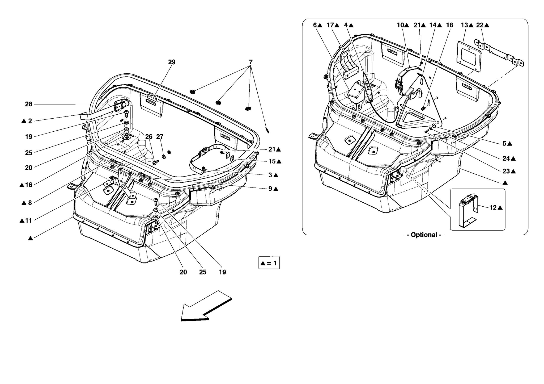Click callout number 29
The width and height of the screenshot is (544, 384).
click(172, 62)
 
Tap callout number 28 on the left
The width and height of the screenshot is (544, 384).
click(28, 104)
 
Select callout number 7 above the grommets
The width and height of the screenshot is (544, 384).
click(250, 62)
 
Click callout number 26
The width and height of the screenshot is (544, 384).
click(149, 137)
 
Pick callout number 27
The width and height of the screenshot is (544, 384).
click(160, 137)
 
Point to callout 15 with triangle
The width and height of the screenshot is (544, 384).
click(274, 161)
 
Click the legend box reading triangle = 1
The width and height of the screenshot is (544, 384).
click(269, 263)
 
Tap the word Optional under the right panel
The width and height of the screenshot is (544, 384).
click(424, 235)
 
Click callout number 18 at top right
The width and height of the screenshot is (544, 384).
click(449, 25)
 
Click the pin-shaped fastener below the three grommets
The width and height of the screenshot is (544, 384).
click(267, 130)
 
